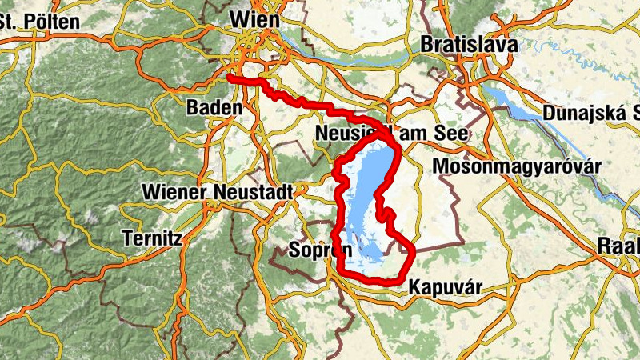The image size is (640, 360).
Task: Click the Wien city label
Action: click(x=254, y=18)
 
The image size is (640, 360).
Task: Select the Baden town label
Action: click(x=213, y=107)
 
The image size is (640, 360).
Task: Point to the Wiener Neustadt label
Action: click(x=218, y=192)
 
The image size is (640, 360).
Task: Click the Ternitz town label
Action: click(x=154, y=238)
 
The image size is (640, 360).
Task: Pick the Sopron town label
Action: click(x=308, y=250)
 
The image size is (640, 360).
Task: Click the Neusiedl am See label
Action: click(x=391, y=133)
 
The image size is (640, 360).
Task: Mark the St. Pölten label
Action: click(x=40, y=22)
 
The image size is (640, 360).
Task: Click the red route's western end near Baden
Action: click(x=230, y=78)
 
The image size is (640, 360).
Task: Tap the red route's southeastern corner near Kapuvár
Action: click(x=410, y=253)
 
